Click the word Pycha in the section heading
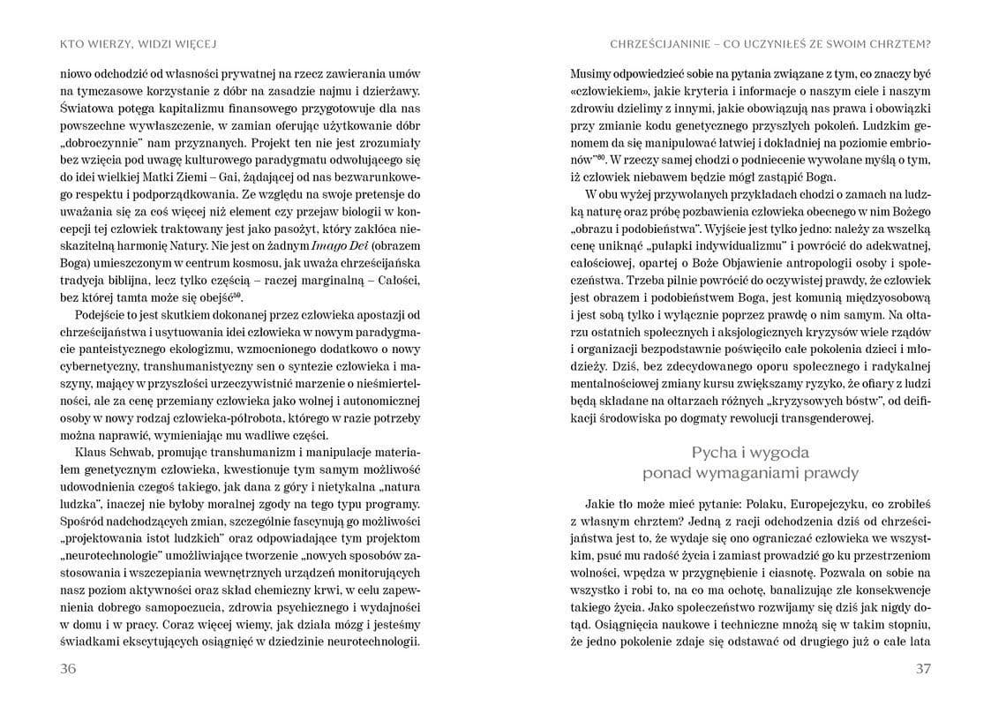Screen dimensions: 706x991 click(717, 453)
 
